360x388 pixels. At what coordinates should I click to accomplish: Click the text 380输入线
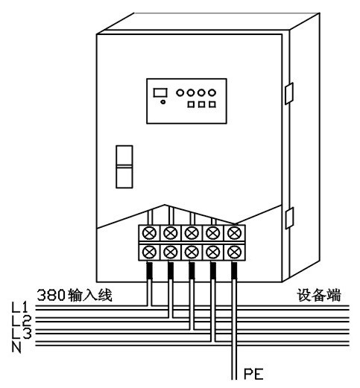[x=74, y=294]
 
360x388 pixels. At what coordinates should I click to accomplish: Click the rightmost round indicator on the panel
[x=212, y=93]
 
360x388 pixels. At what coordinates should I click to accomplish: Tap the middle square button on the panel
[x=202, y=105]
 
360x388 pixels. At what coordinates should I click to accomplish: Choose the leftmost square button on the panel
[x=192, y=105]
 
